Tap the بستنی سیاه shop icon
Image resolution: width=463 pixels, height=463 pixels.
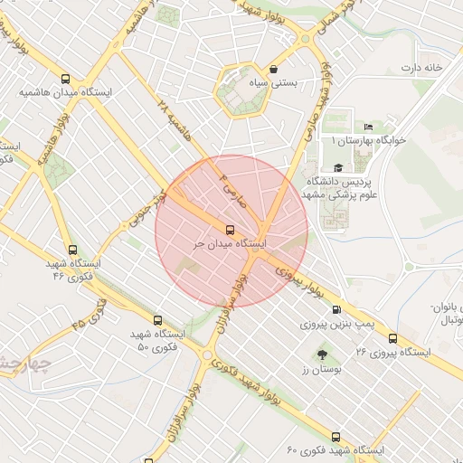(273, 69)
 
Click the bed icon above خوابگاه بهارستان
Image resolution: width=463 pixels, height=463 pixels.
(368, 127)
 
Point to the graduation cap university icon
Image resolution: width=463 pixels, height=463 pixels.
(338, 167)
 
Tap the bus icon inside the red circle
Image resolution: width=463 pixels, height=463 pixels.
(230, 230)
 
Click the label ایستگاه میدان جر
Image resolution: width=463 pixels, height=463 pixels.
(231, 244)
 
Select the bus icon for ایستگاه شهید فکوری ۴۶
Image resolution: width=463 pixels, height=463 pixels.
(72, 250)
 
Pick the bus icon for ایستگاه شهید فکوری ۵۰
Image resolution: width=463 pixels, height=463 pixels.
(158, 320)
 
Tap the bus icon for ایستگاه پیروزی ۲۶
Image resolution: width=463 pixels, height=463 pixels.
(392, 338)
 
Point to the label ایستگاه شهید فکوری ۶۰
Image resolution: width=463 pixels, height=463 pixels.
(335, 450)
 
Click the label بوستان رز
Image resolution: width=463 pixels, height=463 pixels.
(322, 372)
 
